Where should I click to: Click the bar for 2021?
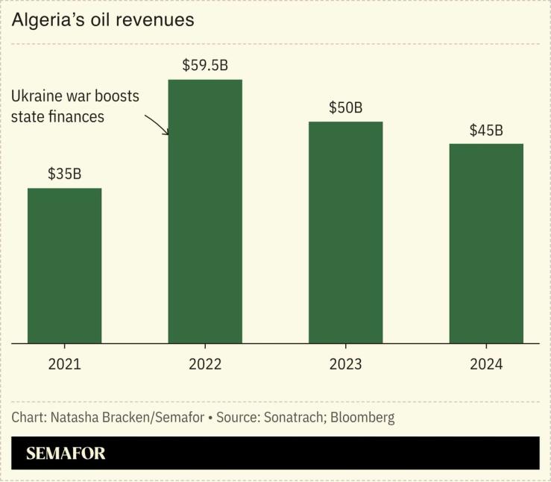[65, 265]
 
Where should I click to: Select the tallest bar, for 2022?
[205, 211]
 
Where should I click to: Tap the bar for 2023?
[345, 232]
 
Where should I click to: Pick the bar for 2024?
[486, 243]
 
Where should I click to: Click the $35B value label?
[64, 174]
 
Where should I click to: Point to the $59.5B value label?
[205, 65]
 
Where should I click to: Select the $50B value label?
[345, 107]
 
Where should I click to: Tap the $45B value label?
[486, 130]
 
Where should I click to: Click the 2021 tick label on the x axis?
[65, 364]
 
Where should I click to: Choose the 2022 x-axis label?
[205, 364]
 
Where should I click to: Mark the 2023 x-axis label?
[345, 364]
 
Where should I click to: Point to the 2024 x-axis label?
[486, 364]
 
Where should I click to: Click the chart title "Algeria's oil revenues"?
[103, 20]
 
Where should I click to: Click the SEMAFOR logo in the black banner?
[66, 453]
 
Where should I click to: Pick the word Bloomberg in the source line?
[362, 417]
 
